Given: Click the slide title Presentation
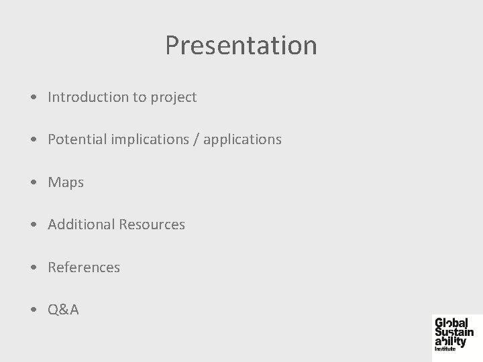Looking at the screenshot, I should click(241, 46).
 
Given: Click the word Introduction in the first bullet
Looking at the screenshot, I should click(88, 97).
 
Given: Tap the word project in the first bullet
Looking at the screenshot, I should click(173, 97).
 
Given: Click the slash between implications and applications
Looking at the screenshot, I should click(197, 139).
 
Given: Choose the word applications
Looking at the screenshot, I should click(242, 139).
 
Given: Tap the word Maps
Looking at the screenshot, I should click(66, 182).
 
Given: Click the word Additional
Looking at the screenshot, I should click(80, 225).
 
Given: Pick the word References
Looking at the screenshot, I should click(84, 267).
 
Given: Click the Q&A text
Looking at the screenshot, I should click(63, 309).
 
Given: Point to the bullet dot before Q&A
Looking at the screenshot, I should click(34, 310).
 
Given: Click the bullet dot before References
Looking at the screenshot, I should click(34, 267).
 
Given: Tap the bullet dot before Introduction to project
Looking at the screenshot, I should click(34, 98).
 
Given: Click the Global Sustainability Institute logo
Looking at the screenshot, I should click(453, 333).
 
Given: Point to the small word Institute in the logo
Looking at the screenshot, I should click(445, 349).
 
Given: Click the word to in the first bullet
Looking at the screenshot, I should click(139, 97).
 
